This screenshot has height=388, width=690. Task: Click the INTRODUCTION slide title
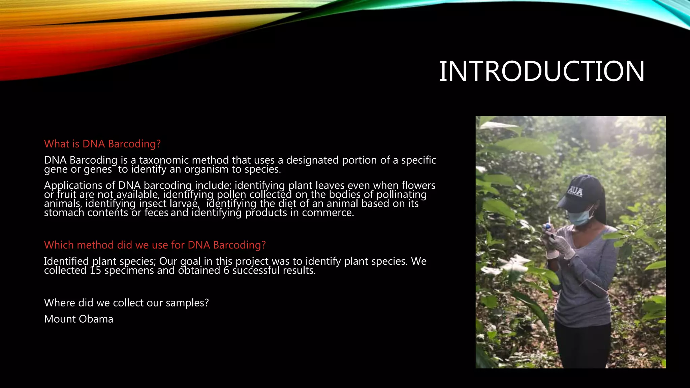click(541, 71)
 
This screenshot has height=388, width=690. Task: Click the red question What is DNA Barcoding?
click(102, 144)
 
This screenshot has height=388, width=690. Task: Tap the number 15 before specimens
click(95, 270)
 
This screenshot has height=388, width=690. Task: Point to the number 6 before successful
click(226, 270)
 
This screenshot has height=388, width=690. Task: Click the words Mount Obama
click(79, 319)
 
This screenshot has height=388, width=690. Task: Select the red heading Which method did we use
click(155, 245)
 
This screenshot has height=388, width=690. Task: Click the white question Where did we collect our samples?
click(126, 303)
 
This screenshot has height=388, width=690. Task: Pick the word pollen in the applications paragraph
click(231, 195)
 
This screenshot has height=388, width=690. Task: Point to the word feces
click(156, 213)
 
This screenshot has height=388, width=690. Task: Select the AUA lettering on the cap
click(575, 191)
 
